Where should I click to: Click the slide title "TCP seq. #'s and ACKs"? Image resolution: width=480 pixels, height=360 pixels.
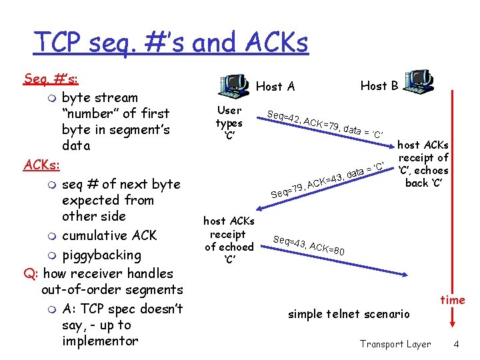171,43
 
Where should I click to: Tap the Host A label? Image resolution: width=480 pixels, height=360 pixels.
275,86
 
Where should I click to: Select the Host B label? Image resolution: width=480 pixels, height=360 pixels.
379,85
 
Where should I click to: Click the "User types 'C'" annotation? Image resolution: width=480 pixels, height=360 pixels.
229,123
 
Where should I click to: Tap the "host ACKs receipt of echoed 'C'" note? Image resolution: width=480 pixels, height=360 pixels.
229,240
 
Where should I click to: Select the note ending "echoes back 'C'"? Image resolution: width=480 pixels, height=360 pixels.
423,164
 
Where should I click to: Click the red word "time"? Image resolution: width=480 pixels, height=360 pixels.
453,300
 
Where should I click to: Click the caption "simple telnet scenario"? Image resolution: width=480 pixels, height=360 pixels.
349,314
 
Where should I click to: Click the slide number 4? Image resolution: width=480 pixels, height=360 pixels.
456,344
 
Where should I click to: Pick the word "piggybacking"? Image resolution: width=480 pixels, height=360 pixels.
101,255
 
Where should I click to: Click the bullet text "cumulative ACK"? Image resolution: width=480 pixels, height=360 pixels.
109,235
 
